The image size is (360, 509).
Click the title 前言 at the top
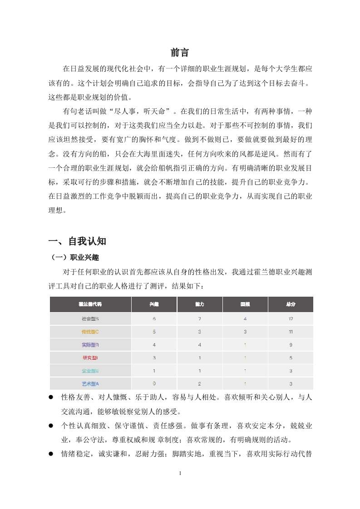tap(180, 52)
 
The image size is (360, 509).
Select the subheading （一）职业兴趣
tap(74, 258)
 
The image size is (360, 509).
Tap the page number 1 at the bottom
tap(180, 473)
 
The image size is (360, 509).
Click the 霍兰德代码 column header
tap(90, 304)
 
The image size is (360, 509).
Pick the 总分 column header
tap(291, 304)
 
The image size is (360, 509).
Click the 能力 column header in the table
tap(200, 304)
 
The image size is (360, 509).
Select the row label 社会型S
tap(90, 318)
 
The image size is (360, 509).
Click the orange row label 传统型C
tap(90, 332)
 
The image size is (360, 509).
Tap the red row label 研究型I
tap(90, 357)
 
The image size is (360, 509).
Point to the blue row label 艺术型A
tap(90, 384)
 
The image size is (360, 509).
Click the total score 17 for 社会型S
tap(291, 318)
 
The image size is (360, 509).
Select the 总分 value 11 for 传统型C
tap(291, 332)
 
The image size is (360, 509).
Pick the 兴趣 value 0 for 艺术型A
tap(154, 384)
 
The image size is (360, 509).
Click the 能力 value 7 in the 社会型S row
tap(200, 318)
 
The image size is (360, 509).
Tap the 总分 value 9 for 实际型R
tap(291, 345)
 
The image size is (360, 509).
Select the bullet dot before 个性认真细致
tap(51, 426)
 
